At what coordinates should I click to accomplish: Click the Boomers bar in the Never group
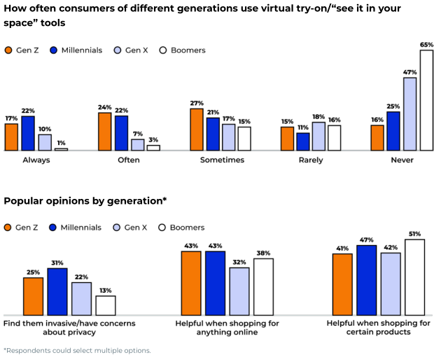click(426, 100)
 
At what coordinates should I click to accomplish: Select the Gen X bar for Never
click(409, 114)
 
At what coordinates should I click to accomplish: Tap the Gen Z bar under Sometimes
click(196, 130)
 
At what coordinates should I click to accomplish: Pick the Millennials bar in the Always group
click(28, 133)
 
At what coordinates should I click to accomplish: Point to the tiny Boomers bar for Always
click(62, 149)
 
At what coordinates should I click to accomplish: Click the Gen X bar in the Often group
click(137, 145)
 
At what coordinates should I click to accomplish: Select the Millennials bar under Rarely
click(303, 141)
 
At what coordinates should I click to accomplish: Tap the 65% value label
click(426, 44)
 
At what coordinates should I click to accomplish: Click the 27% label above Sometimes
click(196, 104)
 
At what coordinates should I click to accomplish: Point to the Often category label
click(129, 160)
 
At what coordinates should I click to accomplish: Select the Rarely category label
click(311, 160)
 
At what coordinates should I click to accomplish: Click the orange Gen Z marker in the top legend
click(8, 50)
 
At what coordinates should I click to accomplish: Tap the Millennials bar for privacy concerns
click(57, 291)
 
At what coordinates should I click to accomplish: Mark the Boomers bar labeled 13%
click(106, 305)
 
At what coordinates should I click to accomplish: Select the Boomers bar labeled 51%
click(414, 277)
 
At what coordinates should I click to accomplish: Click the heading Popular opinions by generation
click(85, 201)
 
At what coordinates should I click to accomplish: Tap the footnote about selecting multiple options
click(77, 350)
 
